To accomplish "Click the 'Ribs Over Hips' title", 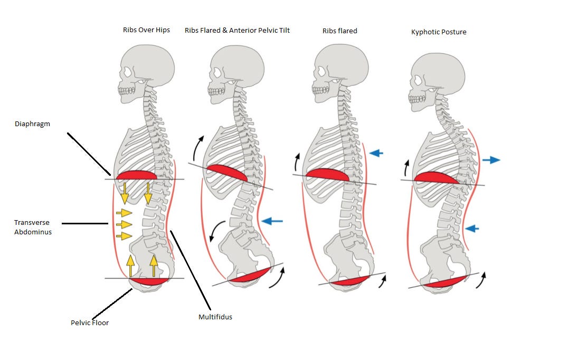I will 146,30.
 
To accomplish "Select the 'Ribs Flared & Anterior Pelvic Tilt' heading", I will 237,30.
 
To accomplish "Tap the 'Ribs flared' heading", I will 339,31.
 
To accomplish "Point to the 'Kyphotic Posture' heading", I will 439,32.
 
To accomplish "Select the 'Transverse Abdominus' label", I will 33,227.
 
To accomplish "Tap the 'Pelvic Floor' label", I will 90,323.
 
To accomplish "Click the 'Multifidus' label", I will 215,317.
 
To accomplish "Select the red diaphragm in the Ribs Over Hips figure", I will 137,175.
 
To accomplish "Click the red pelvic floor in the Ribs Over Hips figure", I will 149,281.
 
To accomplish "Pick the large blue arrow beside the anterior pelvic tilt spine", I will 272,221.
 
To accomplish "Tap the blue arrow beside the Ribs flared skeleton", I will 376,153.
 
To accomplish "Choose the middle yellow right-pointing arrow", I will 124,224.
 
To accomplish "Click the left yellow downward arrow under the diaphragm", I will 124,193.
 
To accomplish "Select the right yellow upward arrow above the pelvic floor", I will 154,266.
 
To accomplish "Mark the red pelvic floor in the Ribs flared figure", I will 349,281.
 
